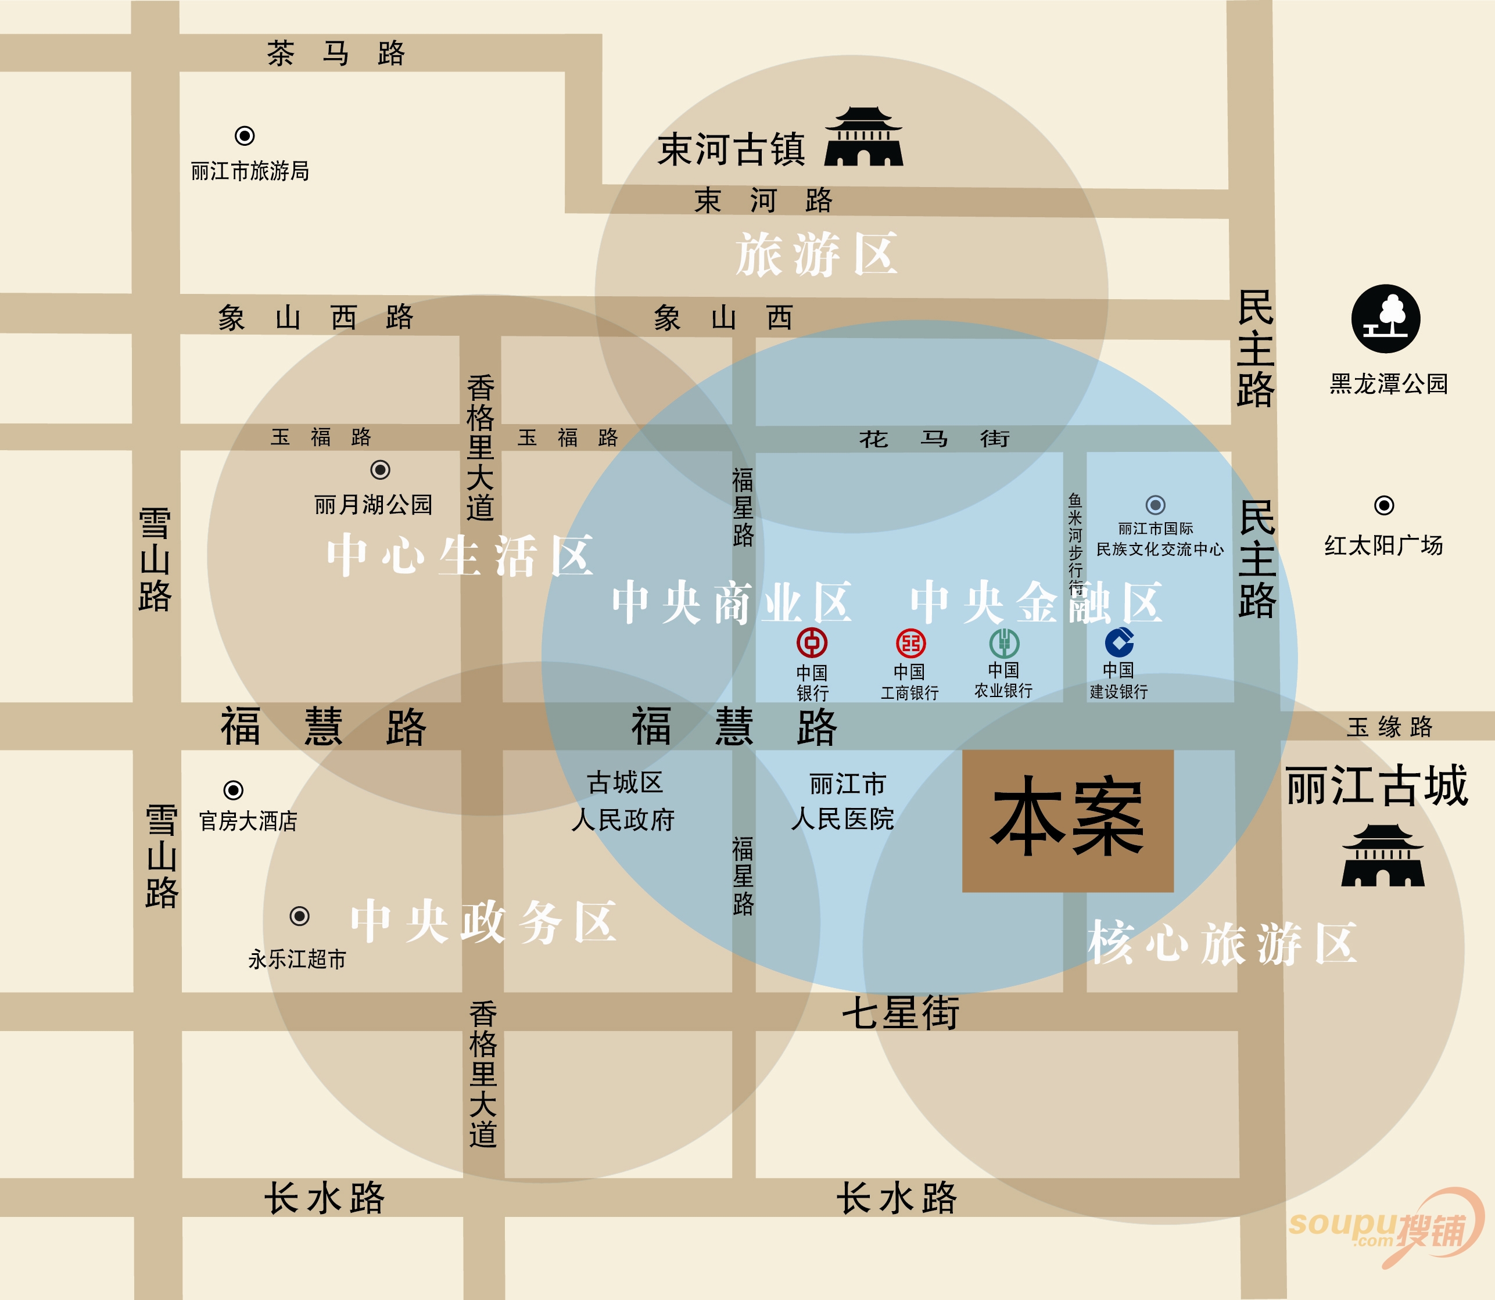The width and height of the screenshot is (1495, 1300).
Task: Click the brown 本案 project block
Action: click(x=1067, y=820)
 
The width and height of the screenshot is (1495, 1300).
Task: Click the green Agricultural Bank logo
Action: click(x=1005, y=642)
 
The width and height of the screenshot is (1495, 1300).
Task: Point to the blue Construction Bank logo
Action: click(x=1119, y=642)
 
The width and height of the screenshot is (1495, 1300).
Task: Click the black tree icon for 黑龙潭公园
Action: click(x=1385, y=318)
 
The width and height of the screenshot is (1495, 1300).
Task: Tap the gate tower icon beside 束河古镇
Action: click(x=863, y=137)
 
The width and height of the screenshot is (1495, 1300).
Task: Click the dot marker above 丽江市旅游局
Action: click(x=245, y=136)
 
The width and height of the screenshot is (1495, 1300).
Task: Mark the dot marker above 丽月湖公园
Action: click(x=380, y=470)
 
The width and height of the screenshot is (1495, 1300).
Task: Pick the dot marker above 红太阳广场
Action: click(x=1384, y=505)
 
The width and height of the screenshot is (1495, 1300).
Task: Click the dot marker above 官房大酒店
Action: click(x=233, y=789)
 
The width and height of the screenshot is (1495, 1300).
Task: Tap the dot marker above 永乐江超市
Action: click(x=300, y=915)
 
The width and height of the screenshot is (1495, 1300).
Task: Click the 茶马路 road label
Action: click(x=335, y=53)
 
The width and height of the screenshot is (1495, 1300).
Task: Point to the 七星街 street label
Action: click(x=901, y=1012)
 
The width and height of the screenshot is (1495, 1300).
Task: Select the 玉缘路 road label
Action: click(x=1389, y=727)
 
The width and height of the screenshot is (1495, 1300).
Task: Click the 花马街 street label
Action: click(x=934, y=438)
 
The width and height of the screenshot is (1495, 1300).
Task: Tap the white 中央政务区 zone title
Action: click(x=483, y=922)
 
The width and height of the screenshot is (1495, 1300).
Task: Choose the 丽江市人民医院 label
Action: click(x=844, y=802)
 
